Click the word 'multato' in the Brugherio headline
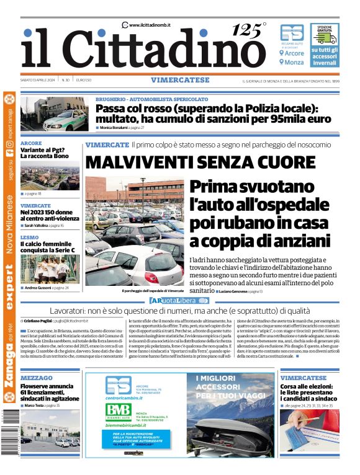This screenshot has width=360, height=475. click(x=118, y=118)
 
